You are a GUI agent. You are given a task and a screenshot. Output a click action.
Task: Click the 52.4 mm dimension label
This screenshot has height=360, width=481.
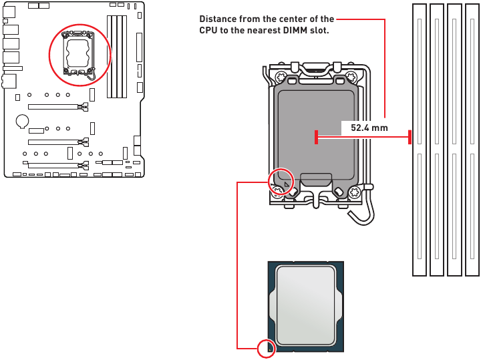[369, 128]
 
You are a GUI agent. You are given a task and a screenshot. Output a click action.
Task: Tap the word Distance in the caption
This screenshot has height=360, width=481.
[218, 19]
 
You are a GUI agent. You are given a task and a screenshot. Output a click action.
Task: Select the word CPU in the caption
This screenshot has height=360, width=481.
[208, 30]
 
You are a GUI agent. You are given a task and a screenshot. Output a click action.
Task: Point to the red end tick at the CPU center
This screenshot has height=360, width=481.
[316, 137]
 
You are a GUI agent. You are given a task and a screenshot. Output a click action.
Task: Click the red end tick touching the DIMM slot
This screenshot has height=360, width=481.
[410, 137]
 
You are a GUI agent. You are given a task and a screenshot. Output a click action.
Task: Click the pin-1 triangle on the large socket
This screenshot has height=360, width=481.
[287, 184]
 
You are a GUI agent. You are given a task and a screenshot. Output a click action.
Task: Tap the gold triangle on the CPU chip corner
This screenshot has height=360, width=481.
[270, 349]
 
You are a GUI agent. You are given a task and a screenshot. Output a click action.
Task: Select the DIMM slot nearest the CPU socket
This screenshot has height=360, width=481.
[420, 140]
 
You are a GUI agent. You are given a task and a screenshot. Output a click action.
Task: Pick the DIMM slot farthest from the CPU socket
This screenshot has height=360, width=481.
[472, 140]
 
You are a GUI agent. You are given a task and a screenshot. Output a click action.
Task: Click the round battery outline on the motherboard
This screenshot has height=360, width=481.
[22, 121]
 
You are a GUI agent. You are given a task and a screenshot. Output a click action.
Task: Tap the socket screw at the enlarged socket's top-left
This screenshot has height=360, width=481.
[281, 76]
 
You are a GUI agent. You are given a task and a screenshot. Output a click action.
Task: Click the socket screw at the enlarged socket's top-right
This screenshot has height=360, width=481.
[350, 76]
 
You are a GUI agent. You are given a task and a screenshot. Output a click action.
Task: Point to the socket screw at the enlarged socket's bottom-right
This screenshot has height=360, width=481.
[354, 192]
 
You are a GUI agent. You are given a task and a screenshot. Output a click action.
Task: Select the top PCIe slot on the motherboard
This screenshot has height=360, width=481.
[58, 107]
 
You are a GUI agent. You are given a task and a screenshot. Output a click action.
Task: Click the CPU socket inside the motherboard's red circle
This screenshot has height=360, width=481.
[79, 53]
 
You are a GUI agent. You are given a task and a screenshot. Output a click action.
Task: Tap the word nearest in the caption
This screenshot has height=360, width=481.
[265, 30]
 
